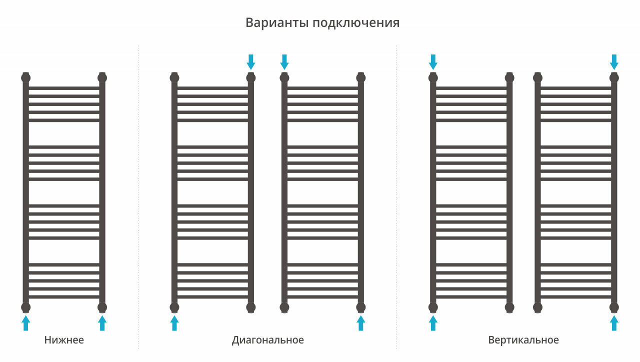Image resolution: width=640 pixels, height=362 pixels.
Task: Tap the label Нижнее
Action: (x=64, y=340)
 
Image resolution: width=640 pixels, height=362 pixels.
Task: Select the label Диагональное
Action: (x=268, y=340)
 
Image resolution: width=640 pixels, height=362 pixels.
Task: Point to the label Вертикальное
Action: (x=523, y=340)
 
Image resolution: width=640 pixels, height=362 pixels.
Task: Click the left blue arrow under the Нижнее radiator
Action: (x=26, y=322)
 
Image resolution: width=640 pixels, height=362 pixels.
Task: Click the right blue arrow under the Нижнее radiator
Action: (x=102, y=322)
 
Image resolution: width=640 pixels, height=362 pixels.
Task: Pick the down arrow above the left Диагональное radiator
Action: (x=251, y=62)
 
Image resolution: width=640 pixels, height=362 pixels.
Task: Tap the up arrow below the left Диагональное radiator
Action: (x=174, y=322)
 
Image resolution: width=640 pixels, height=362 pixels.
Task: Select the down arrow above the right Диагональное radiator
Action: (x=284, y=62)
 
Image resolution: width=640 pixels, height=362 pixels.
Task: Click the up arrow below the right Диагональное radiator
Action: (x=361, y=322)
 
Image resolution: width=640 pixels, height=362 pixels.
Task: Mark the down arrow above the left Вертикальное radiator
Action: (x=433, y=62)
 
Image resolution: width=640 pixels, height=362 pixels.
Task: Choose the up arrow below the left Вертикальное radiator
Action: (x=433, y=322)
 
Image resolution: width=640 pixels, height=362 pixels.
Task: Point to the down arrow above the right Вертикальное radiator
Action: (x=614, y=62)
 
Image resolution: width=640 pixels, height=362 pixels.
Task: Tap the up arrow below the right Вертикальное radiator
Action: (x=614, y=322)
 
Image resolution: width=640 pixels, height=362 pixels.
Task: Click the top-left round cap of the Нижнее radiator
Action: (x=26, y=77)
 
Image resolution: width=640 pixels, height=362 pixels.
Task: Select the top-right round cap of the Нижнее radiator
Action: (x=102, y=77)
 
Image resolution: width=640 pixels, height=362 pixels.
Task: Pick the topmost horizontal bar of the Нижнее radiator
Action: (x=64, y=88)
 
